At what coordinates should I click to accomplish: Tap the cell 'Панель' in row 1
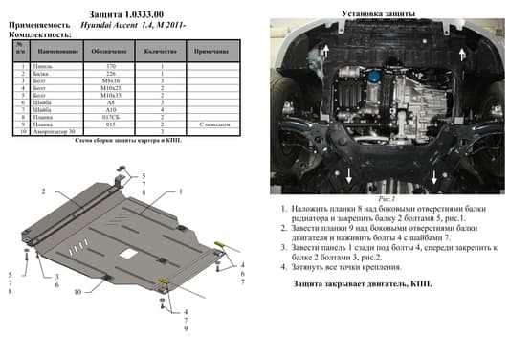[x=44, y=66]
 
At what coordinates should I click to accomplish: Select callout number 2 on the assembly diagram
[x=43, y=191]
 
